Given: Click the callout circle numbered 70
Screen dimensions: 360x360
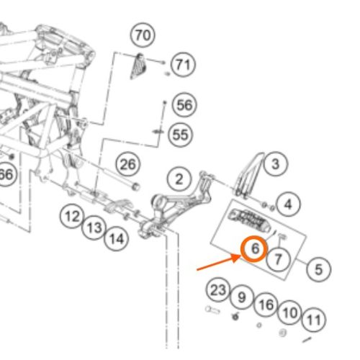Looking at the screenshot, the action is (x=143, y=35).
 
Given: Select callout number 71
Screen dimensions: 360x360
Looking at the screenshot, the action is (x=183, y=64).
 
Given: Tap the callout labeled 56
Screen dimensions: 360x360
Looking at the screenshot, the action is (x=184, y=105).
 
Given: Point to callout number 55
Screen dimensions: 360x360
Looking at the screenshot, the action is (x=181, y=135).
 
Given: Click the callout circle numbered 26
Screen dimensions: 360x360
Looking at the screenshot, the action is (x=128, y=164).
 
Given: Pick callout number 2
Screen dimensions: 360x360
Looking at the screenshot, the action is (x=179, y=179).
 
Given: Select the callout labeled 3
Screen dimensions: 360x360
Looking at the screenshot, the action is (x=275, y=164).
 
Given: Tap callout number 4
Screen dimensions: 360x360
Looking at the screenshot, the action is (x=288, y=204).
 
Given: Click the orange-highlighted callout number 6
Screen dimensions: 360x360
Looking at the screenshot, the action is (x=254, y=248).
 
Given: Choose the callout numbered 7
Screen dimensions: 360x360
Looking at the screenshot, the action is (x=279, y=259).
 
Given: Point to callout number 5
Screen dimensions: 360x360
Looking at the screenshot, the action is (x=319, y=269).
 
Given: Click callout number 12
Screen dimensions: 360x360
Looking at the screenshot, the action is (x=72, y=216).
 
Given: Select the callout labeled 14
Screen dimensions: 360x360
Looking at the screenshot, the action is (x=117, y=239).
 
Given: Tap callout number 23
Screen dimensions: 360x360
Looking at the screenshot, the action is (x=218, y=290).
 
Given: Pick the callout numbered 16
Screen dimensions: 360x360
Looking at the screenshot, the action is (x=266, y=305).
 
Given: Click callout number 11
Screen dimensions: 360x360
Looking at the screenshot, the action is (x=314, y=320).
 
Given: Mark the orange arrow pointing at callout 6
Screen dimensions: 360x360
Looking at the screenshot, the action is (x=219, y=263).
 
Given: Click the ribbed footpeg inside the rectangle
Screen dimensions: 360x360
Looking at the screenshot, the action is (x=250, y=220).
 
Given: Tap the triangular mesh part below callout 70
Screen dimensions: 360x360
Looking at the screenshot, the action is (x=138, y=66).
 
